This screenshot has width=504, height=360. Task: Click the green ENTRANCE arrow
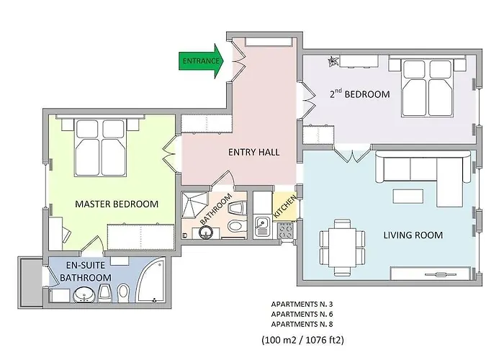tap(201, 61)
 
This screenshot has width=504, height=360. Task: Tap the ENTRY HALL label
tap(254, 152)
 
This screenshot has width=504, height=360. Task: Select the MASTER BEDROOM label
tap(117, 204)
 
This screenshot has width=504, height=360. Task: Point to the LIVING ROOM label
tap(413, 235)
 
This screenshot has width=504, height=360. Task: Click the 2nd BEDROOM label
tap(360, 94)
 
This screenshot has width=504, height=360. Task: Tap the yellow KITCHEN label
tap(285, 206)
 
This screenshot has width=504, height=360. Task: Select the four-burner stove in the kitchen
tap(285, 230)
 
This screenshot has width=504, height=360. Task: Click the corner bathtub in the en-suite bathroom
tap(152, 279)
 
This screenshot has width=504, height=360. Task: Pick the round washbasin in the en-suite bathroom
tap(84, 295)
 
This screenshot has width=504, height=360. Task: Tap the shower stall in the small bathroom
tap(195, 204)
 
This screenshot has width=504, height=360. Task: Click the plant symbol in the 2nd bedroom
tap(333, 61)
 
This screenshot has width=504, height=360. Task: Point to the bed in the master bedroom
tap(99, 147)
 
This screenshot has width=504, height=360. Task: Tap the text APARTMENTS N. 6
tap(302, 314)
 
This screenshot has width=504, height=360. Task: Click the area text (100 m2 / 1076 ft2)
tap(303, 340)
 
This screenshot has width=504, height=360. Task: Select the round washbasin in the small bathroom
tap(206, 232)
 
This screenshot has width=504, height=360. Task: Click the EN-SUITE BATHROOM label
tap(86, 271)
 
